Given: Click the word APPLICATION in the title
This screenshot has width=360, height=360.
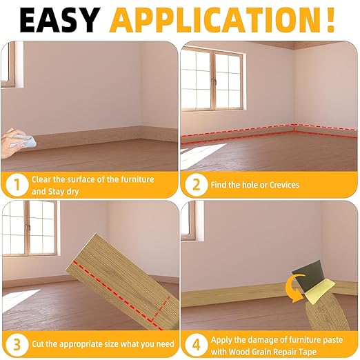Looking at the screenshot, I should [x=213, y=20].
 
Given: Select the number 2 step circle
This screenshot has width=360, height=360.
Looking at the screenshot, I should [x=195, y=185].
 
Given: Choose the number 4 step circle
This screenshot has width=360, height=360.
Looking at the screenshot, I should [x=195, y=343].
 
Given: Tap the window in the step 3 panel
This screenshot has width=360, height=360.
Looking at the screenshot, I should [x=28, y=228].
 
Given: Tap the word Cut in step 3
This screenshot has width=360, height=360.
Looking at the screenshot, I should [x=39, y=343].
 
